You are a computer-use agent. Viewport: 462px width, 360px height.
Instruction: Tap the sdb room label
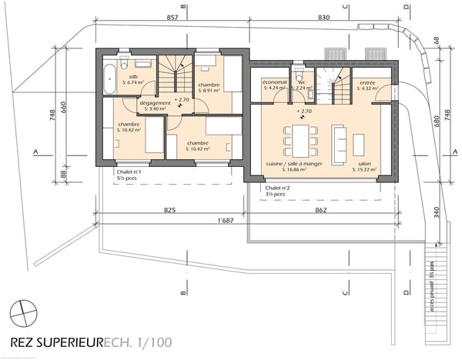(133, 79)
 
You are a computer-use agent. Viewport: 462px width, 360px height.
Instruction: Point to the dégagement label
(155, 104)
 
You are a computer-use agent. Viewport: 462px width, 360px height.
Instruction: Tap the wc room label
(303, 85)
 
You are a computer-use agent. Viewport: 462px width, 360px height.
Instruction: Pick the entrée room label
(367, 85)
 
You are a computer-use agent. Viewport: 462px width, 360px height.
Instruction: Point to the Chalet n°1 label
(129, 174)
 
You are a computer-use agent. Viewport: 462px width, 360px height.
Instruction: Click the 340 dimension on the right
(436, 211)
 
